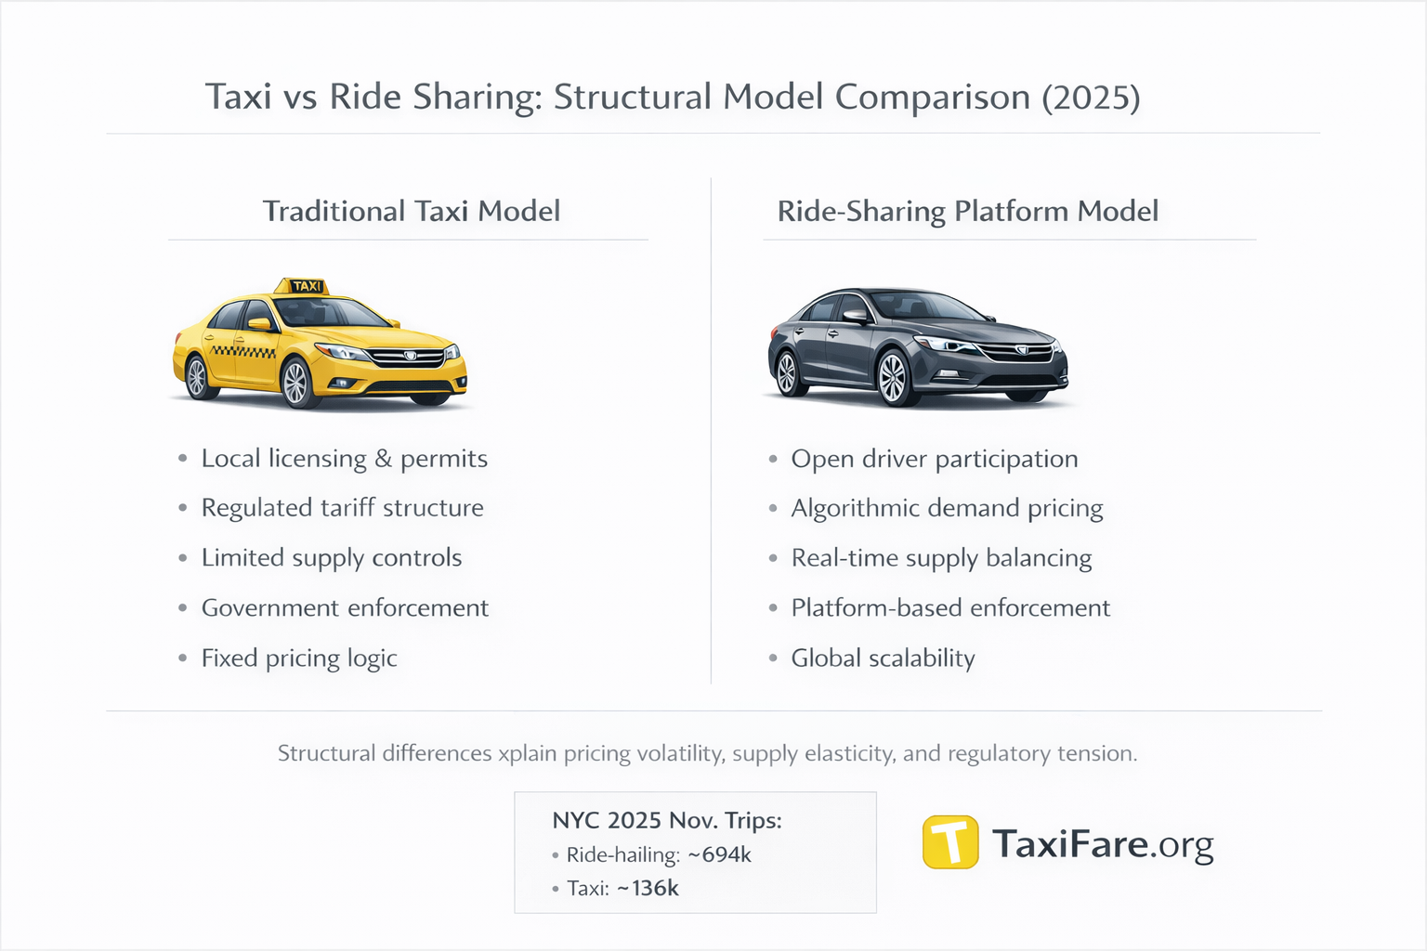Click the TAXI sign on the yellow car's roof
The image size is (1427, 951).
tap(306, 286)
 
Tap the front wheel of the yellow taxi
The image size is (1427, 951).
tap(296, 382)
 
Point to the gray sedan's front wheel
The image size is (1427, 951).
tap(893, 378)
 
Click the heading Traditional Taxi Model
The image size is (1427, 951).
tap(411, 212)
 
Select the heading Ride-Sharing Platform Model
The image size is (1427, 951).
tap(967, 212)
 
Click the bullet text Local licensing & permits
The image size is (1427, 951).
tap(344, 459)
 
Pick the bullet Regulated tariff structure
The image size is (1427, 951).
tap(342, 508)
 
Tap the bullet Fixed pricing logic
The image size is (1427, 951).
tap(299, 658)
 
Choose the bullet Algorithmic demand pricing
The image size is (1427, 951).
tap(947, 508)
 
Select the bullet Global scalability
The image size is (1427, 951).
tap(883, 658)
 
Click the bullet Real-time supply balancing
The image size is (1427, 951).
tap(941, 558)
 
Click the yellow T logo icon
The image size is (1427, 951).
tap(949, 842)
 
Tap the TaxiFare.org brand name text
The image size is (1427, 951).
tap(1103, 844)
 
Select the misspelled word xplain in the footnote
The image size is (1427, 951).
tap(527, 753)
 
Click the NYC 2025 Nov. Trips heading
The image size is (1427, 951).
tap(667, 821)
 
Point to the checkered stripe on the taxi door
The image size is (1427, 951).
tap(242, 352)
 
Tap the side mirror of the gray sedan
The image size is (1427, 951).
tap(855, 316)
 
